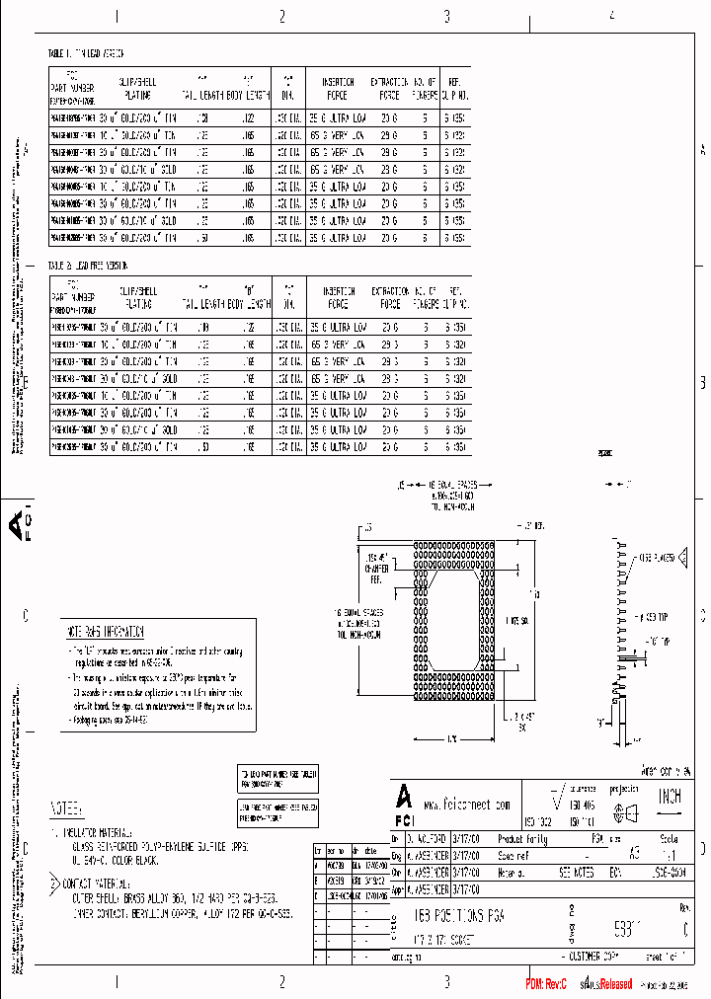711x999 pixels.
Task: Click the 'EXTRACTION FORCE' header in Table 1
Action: pyautogui.click(x=390, y=89)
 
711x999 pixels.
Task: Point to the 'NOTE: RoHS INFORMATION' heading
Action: pyautogui.click(x=106, y=632)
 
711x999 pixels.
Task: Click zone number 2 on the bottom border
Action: pyautogui.click(x=282, y=980)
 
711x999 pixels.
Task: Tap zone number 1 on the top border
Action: pyautogui.click(x=117, y=17)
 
